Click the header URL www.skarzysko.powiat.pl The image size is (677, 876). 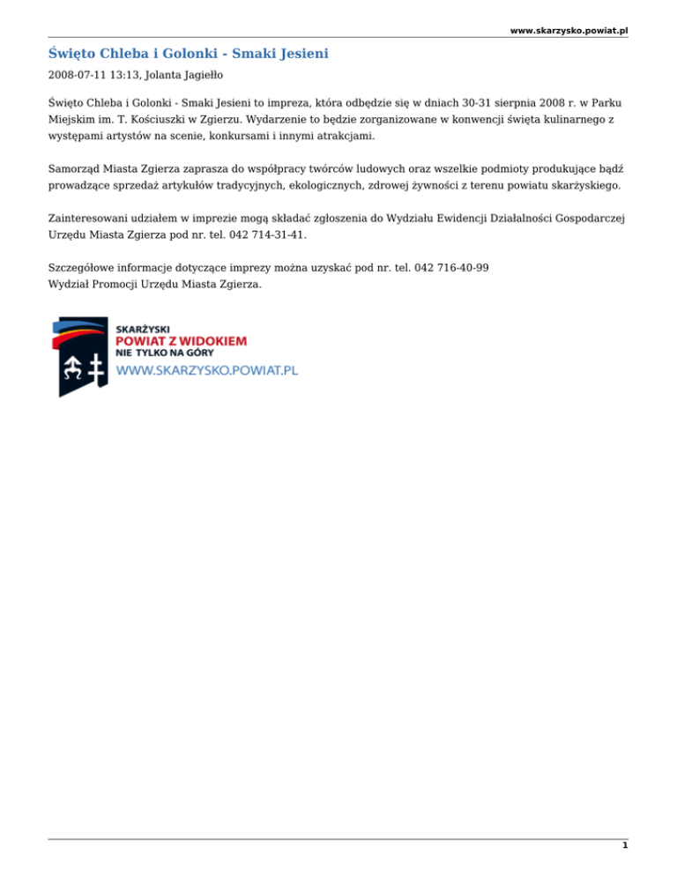pyautogui.click(x=569, y=30)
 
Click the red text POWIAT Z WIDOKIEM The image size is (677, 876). pyautogui.click(x=181, y=340)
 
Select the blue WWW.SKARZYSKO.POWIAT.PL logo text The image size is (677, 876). pyautogui.click(x=207, y=371)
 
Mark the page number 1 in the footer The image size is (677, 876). pyautogui.click(x=624, y=845)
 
